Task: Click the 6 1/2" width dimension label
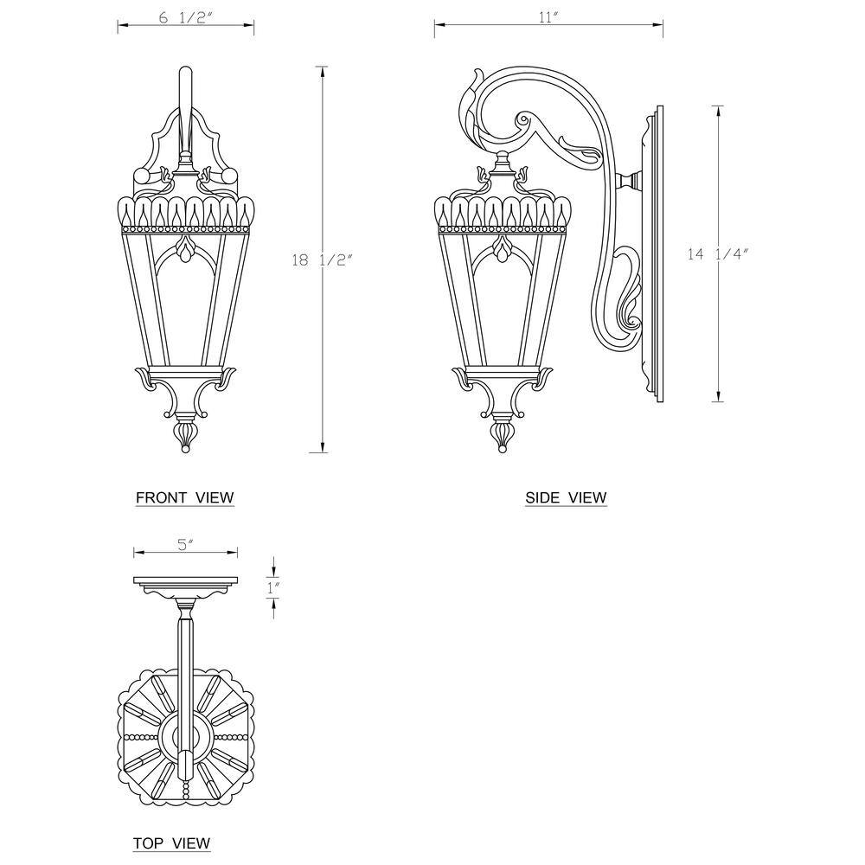coord(185,18)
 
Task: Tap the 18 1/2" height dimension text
coord(322,259)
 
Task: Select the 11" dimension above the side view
coord(549,17)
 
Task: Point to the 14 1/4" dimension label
coord(718,254)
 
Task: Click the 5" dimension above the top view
coord(185,545)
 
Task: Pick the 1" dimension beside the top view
coord(273,588)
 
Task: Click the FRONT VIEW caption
coord(185,497)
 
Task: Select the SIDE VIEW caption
coord(566,497)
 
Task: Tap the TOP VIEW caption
coord(171,843)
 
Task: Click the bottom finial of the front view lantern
coord(185,437)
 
